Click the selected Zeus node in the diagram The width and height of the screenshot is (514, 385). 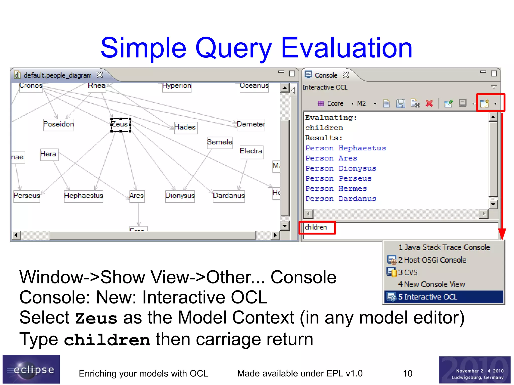(x=121, y=125)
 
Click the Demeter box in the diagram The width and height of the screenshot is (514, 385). (x=251, y=125)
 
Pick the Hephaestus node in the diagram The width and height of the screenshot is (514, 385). (x=83, y=196)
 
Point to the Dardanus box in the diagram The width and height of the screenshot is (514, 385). (x=229, y=196)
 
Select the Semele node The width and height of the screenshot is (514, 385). (x=220, y=142)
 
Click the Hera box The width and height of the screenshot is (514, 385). (x=49, y=154)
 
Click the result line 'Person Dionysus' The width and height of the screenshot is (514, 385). (x=341, y=169)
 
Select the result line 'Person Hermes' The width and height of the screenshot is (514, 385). (x=336, y=189)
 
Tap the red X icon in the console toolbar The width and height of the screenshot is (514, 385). (x=429, y=103)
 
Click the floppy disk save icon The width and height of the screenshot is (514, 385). (x=401, y=103)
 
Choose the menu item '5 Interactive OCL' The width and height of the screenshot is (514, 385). (x=430, y=297)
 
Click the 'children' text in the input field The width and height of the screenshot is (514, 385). (x=316, y=227)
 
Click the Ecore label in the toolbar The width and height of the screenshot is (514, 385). (x=335, y=104)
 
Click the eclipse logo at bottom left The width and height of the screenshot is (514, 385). (x=31, y=369)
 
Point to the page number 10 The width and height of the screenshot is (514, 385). (x=407, y=374)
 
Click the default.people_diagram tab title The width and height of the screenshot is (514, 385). (x=57, y=75)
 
